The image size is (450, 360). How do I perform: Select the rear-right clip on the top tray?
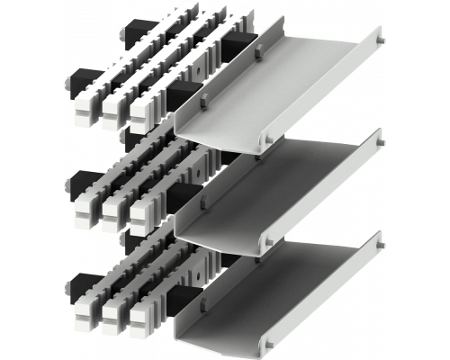point(379,35)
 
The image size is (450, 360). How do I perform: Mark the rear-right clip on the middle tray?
point(379,139)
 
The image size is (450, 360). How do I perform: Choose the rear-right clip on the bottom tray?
point(379,241)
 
